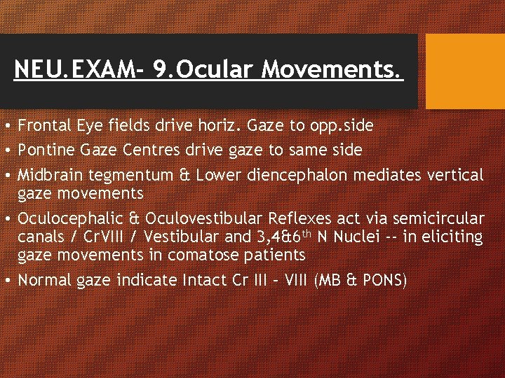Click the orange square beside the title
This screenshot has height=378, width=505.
[x=466, y=71]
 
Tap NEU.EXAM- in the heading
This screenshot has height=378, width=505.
[x=75, y=70]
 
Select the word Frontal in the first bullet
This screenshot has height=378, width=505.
[x=42, y=126]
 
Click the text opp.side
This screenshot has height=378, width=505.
[x=341, y=126]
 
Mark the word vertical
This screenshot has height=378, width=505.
[x=455, y=174]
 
